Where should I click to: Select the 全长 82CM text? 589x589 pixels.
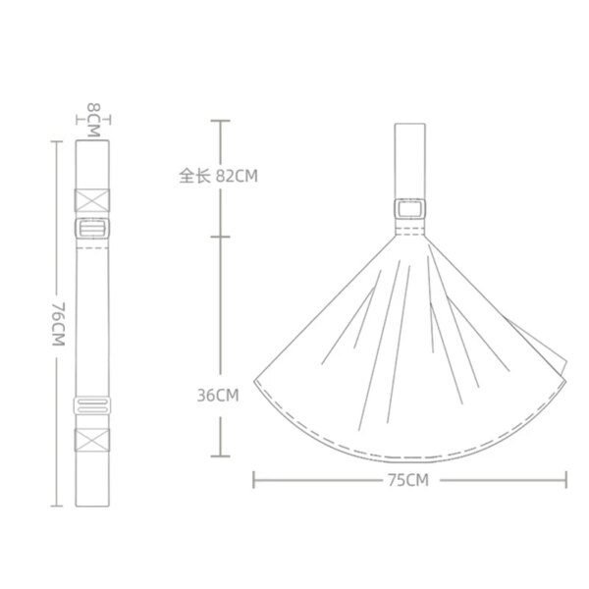pyautogui.click(x=218, y=177)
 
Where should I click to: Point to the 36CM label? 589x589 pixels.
pyautogui.click(x=218, y=397)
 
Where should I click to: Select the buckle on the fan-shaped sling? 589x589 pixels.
pyautogui.click(x=409, y=210)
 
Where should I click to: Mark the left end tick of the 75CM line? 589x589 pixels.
pyautogui.click(x=254, y=480)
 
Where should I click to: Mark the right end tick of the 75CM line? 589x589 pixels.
pyautogui.click(x=565, y=480)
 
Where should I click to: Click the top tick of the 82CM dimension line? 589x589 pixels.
pyautogui.click(x=221, y=121)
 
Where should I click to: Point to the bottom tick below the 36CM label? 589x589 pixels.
pyautogui.click(x=221, y=457)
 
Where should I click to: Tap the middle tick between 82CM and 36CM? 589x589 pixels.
pyautogui.click(x=221, y=238)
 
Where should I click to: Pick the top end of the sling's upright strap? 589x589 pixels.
pyautogui.click(x=409, y=127)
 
